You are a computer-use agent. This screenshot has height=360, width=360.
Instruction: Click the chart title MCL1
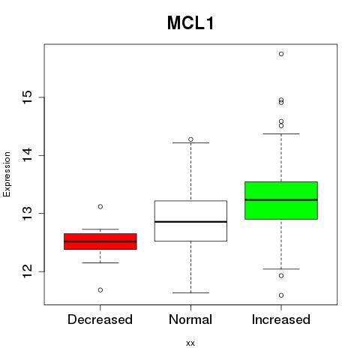pos(190,23)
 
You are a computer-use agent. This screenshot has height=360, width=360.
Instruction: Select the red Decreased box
pos(100,241)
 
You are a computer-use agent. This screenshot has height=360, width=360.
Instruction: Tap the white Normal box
pos(190,220)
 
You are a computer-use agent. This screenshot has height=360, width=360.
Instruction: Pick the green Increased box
pos(281,200)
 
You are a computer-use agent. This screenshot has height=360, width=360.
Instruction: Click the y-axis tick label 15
pos(27,97)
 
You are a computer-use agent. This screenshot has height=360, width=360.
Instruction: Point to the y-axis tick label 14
pos(27,155)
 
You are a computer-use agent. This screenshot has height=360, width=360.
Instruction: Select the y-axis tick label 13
pos(27,213)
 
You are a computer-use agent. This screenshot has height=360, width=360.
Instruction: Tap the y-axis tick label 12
pos(27,271)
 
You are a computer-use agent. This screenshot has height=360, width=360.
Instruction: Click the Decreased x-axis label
pos(100,319)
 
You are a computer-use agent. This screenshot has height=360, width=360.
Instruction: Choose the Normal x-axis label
pos(190,319)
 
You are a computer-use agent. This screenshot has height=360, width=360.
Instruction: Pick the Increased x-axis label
pos(281,319)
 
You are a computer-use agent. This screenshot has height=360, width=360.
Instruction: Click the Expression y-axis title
pos(7,174)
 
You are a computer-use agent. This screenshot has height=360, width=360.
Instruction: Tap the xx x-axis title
pos(190,343)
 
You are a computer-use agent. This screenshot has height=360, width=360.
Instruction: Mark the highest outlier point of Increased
pos(281,54)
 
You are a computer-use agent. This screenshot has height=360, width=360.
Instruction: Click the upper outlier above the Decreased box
pos(100,206)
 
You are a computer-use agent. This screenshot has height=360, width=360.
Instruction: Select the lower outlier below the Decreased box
pos(100,290)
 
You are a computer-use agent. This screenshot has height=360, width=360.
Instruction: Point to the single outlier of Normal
pos(190,139)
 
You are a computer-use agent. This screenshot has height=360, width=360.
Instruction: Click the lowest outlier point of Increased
pos(281,295)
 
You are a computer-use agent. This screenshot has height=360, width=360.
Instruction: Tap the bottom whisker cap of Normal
pos(190,292)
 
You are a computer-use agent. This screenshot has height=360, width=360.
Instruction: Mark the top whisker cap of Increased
pos(281,133)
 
